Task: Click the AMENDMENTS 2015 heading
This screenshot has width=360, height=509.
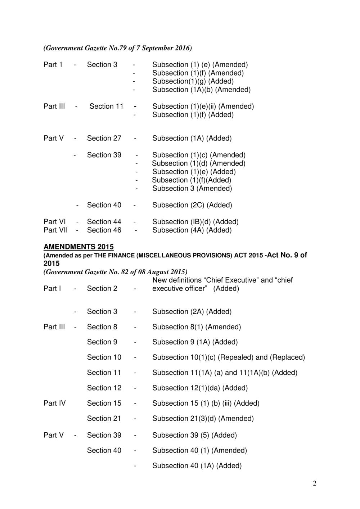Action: click(78, 247)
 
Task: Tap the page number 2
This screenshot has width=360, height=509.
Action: click(315, 483)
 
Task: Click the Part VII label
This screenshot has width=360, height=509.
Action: click(55, 230)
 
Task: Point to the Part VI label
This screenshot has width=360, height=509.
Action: click(54, 222)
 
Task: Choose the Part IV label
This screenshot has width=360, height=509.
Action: click(55, 403)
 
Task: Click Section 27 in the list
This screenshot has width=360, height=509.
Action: click(104, 138)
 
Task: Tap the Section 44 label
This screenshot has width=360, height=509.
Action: click(104, 222)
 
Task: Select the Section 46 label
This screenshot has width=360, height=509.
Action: click(104, 230)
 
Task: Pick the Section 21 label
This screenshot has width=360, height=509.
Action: click(104, 418)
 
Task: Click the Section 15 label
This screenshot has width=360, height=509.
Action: click(104, 403)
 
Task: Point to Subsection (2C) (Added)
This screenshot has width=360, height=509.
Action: click(192, 205)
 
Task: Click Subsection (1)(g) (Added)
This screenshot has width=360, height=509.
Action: click(193, 81)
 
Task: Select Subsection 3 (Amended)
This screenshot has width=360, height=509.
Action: click(192, 188)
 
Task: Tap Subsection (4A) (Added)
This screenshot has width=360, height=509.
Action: click(192, 230)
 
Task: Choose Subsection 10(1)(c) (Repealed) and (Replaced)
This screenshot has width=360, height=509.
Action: click(229, 357)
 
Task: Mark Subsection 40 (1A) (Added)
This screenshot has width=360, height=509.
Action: click(197, 466)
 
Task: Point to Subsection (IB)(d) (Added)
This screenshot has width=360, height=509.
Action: click(195, 222)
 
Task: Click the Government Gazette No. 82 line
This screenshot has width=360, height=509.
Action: click(115, 272)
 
